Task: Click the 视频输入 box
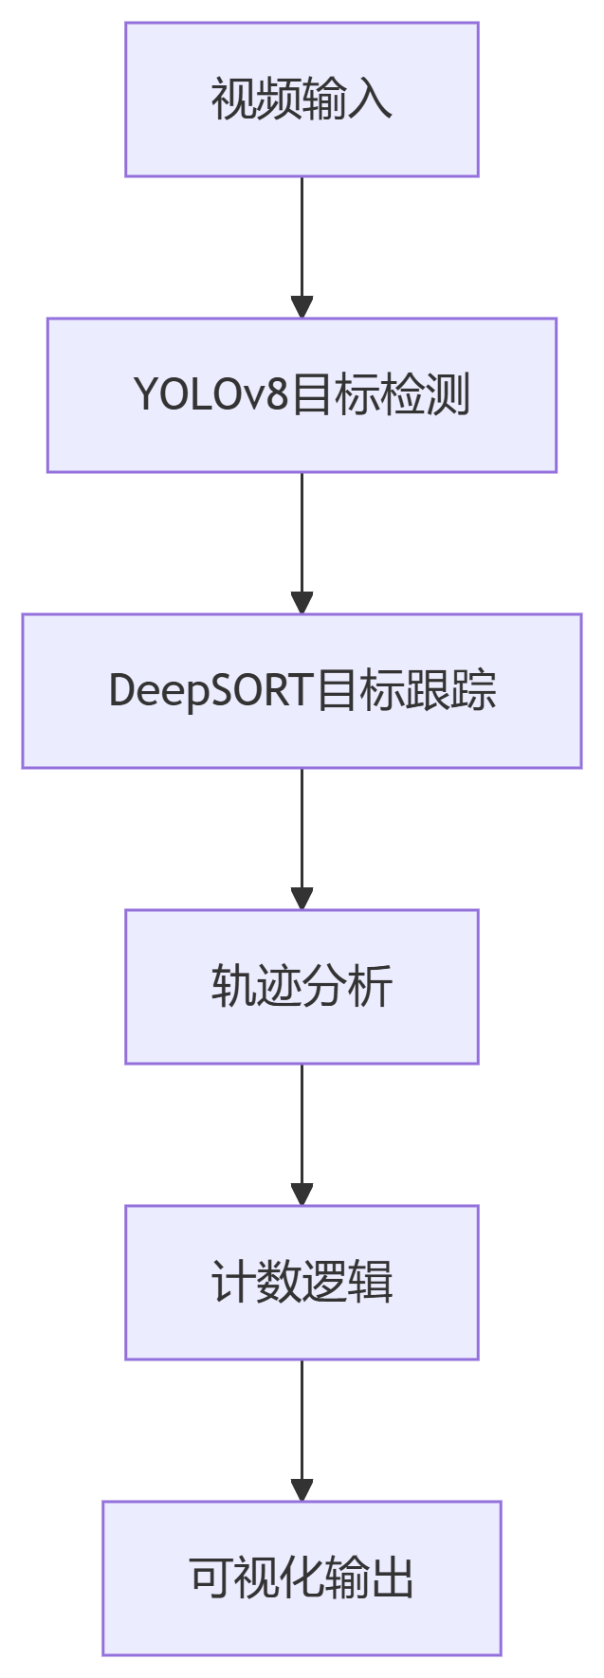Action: pos(302,100)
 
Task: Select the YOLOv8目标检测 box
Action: pos(302,395)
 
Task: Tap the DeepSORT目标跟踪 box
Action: pos(302,691)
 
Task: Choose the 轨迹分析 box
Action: pos(302,987)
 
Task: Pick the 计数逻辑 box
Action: pos(302,1283)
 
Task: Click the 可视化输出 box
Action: pos(302,1578)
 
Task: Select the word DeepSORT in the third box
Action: pos(210,691)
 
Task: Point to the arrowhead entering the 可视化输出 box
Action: pos(302,1490)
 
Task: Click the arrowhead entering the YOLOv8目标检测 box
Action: pos(302,307)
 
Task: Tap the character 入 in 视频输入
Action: pos(371,100)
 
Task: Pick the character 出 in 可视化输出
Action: pos(393,1578)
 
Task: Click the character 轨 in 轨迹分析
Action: pos(232,987)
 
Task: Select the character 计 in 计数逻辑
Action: pos(232,1283)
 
